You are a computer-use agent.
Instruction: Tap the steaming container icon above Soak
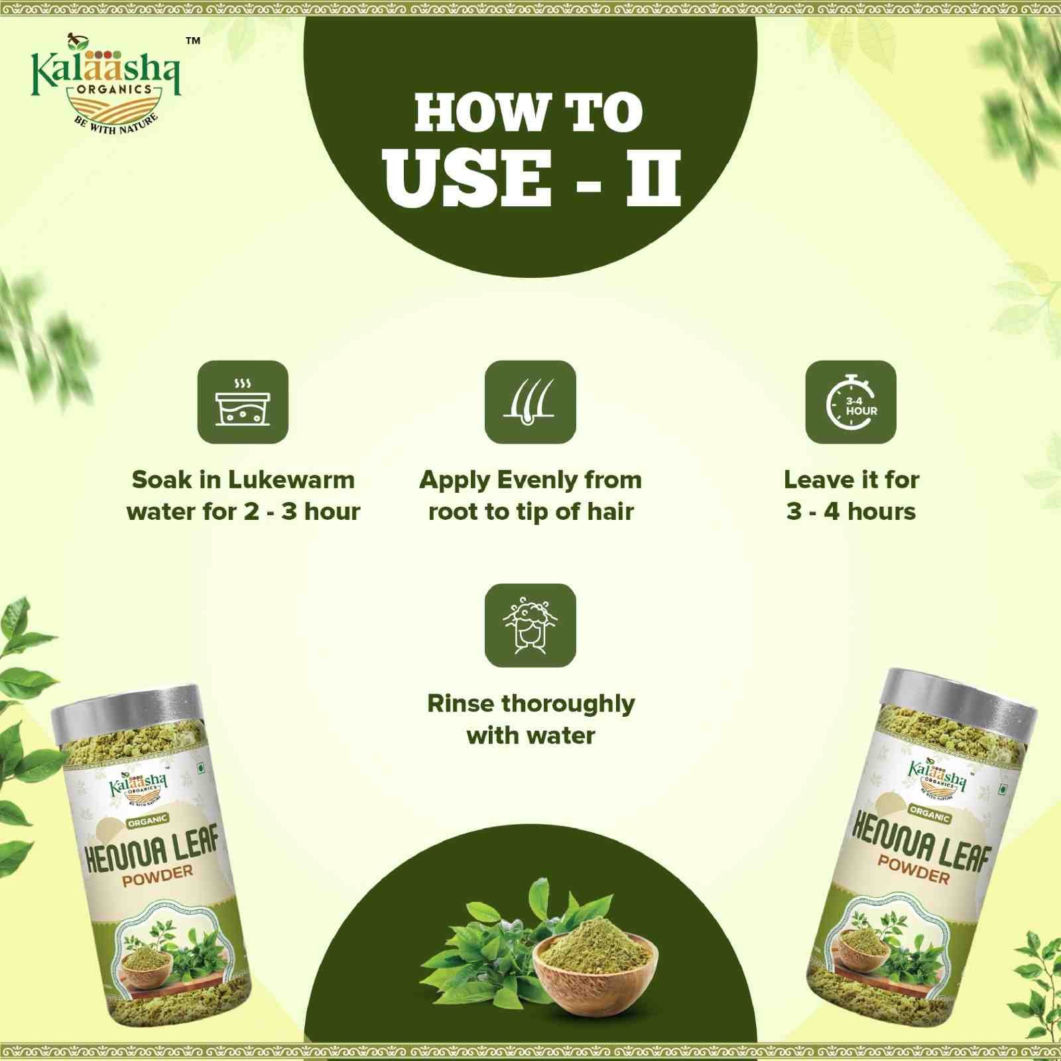point(243,402)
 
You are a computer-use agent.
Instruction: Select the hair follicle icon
point(530,402)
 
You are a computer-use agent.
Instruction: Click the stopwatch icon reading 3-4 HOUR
point(851,402)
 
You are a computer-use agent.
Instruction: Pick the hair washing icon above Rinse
point(530,625)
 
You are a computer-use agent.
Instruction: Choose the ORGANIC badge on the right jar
point(930,814)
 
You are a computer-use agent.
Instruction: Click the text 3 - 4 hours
point(851,511)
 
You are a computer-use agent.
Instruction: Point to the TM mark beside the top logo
point(192,41)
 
